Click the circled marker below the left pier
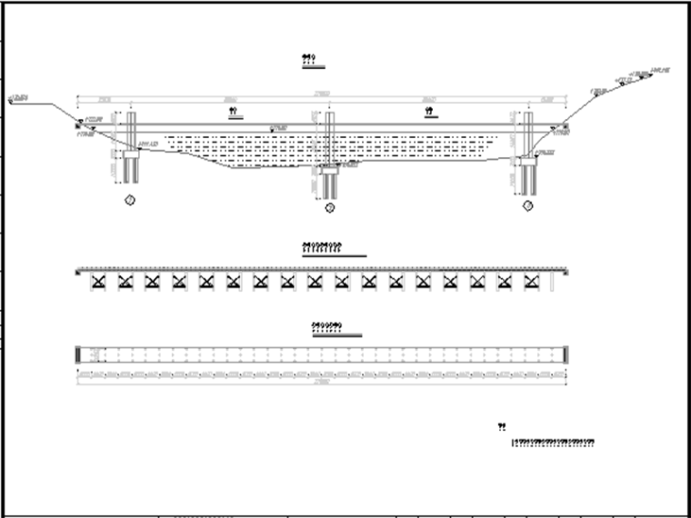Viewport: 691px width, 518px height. click(130, 199)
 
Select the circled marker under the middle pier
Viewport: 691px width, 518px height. click(330, 208)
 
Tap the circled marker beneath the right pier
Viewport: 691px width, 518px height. click(527, 206)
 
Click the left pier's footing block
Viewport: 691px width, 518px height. click(130, 155)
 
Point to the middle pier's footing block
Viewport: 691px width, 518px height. click(329, 169)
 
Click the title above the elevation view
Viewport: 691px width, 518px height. click(308, 59)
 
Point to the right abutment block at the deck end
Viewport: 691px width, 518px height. click(566, 126)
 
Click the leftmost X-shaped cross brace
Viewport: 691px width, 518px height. click(98, 282)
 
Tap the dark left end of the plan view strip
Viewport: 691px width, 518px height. click(80, 354)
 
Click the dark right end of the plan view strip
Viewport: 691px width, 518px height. click(566, 354)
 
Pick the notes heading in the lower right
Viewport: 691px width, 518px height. click(502, 425)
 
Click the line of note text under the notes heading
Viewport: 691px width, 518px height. click(554, 443)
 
